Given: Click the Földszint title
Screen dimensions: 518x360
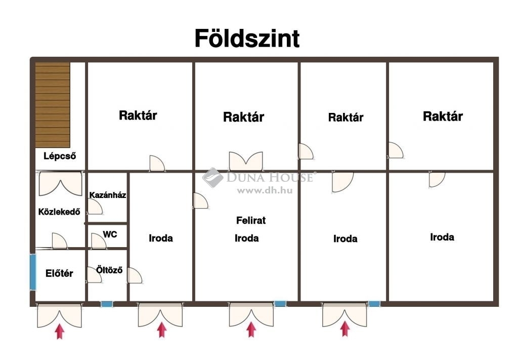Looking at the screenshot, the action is pyautogui.click(x=247, y=38).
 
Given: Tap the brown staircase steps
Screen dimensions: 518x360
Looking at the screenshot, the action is pyautogui.click(x=53, y=105).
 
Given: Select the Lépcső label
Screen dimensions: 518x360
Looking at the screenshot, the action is pyautogui.click(x=60, y=156).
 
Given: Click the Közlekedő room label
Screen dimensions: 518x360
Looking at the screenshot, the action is pyautogui.click(x=59, y=212).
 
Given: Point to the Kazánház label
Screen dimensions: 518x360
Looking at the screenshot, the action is pyautogui.click(x=108, y=195).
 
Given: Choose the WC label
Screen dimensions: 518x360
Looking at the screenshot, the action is pyautogui.click(x=110, y=234).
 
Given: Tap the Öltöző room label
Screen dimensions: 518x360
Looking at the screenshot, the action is pyautogui.click(x=109, y=270).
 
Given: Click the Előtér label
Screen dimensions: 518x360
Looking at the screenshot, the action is pyautogui.click(x=59, y=273).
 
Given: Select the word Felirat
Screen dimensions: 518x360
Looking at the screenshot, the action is pyautogui.click(x=251, y=220).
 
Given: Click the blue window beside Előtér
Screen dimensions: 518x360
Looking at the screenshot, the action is pyautogui.click(x=33, y=272).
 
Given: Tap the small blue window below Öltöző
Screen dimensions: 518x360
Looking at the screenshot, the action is pyautogui.click(x=107, y=304).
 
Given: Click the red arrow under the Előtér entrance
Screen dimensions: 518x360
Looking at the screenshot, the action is pyautogui.click(x=60, y=331).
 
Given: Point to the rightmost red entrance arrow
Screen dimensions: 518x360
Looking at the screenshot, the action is pyautogui.click(x=345, y=329).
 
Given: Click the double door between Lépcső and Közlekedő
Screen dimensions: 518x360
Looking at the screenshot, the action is pyautogui.click(x=61, y=183).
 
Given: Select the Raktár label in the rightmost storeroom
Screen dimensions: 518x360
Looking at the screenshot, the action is pyautogui.click(x=443, y=116).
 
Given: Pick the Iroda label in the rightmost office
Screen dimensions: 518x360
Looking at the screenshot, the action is pyautogui.click(x=442, y=236).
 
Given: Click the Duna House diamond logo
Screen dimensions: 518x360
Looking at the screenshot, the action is pyautogui.click(x=213, y=178).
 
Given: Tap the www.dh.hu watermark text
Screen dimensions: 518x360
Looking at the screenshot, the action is pyautogui.click(x=265, y=190).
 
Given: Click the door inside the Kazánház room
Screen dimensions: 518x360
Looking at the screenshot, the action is pyautogui.click(x=95, y=207).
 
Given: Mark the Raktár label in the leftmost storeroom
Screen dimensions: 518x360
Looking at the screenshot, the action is pyautogui.click(x=138, y=115).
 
